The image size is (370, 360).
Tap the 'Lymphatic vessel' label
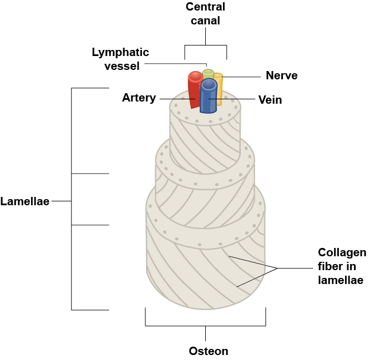pyautogui.click(x=120, y=59)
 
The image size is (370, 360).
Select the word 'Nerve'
pyautogui.click(x=281, y=76)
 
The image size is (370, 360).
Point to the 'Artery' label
pyautogui.click(x=139, y=98)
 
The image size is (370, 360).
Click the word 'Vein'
pyautogui.click(x=270, y=100)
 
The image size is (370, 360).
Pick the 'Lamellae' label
pyautogui.click(x=25, y=201)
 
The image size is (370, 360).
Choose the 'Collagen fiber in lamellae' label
pyautogui.click(x=342, y=266)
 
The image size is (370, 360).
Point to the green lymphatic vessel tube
pyautogui.click(x=208, y=74)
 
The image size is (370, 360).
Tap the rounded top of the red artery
pyautogui.click(x=195, y=76)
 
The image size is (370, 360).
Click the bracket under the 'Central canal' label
pyautogui.click(x=206, y=45)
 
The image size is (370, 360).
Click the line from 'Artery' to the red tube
pyautogui.click(x=175, y=99)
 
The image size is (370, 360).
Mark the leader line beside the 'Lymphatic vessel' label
pyautogui.click(x=172, y=63)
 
